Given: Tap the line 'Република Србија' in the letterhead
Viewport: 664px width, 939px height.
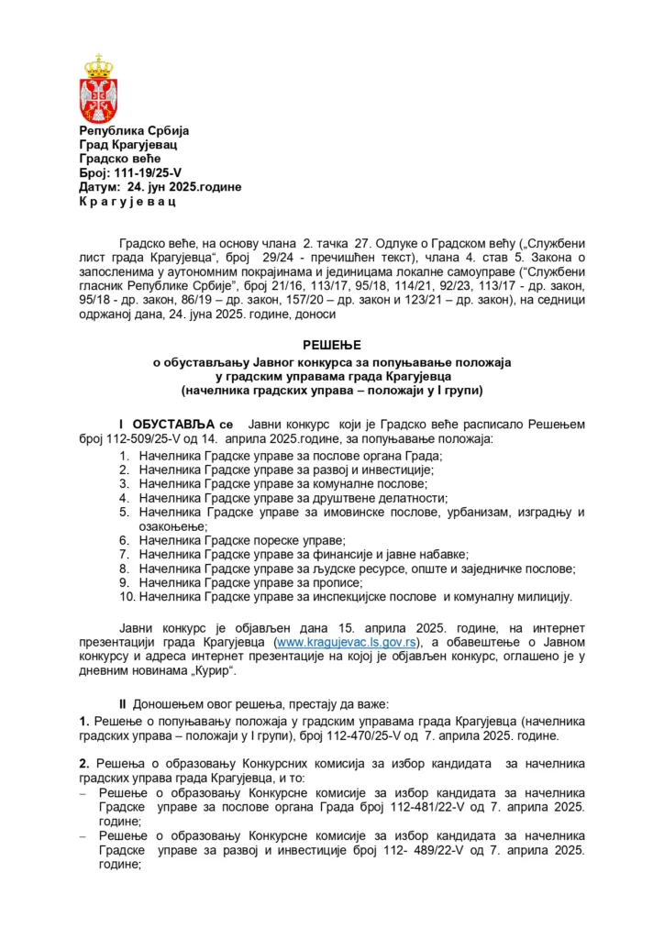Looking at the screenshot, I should pos(133,130).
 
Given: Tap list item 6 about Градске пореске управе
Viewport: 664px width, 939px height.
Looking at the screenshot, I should pos(242,540).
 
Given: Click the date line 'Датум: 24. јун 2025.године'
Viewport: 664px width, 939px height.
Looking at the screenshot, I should pos(160,186).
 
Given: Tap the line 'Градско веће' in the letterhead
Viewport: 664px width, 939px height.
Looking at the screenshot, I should pos(116,158).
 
